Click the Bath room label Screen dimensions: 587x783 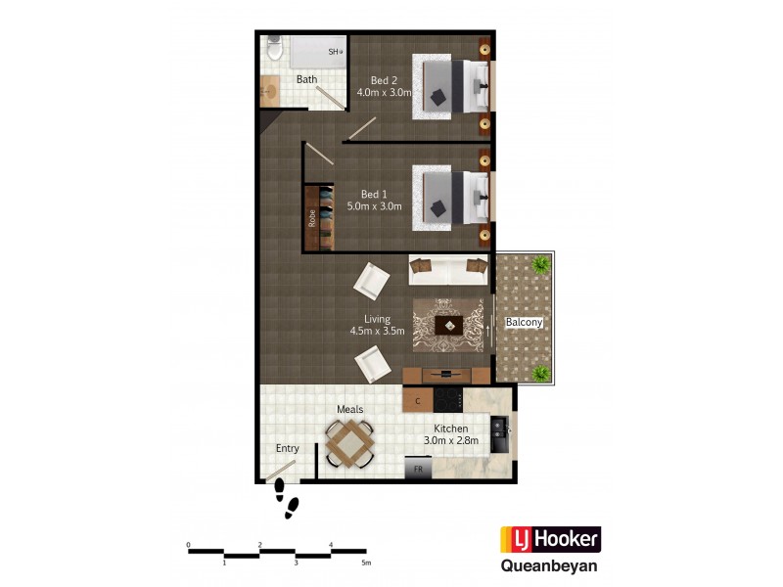click(x=307, y=79)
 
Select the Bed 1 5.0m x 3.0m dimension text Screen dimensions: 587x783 click(x=375, y=206)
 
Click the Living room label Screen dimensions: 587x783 click(x=378, y=319)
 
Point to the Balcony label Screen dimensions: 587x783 click(x=524, y=322)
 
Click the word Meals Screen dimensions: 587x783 click(x=350, y=410)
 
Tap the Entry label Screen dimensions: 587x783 click(x=287, y=448)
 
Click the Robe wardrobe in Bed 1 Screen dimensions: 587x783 click(x=313, y=218)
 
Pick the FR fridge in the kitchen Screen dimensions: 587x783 click(x=418, y=471)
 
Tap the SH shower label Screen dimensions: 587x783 click(x=334, y=52)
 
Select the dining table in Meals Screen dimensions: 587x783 click(x=349, y=443)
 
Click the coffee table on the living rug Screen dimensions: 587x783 click(x=449, y=326)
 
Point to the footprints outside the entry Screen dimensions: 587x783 click(x=286, y=497)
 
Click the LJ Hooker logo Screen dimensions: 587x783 click(x=550, y=539)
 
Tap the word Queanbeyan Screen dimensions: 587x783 click(x=550, y=564)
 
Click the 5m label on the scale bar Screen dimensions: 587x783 click(x=366, y=564)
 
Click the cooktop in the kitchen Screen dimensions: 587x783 click(x=448, y=399)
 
